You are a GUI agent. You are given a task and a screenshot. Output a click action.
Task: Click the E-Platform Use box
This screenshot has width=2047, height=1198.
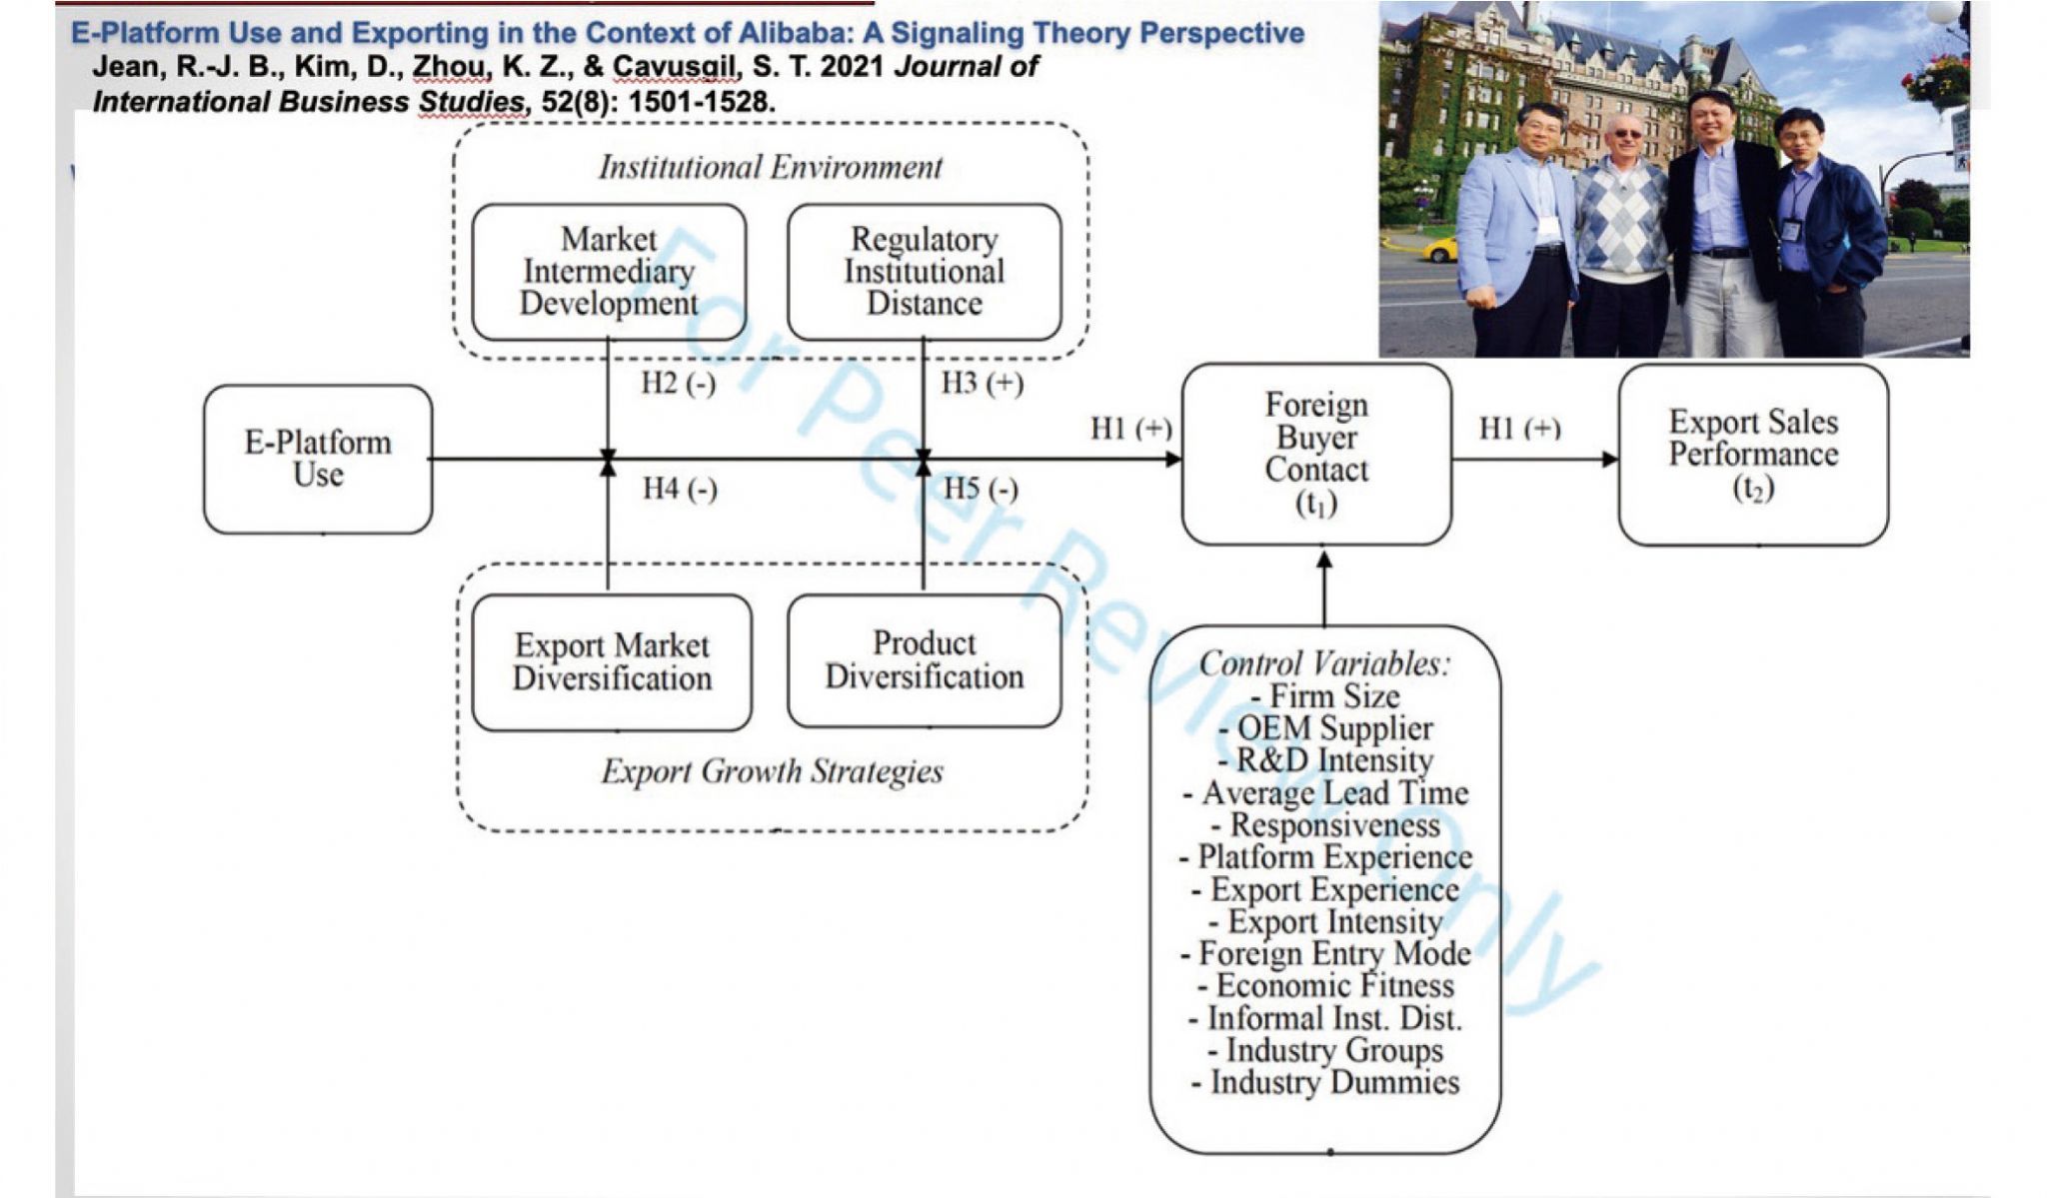[x=318, y=459]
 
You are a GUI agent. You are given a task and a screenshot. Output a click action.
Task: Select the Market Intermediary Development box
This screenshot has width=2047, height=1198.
[x=609, y=272]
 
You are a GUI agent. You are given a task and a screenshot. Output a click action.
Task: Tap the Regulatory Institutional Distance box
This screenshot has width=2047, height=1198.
[x=924, y=272]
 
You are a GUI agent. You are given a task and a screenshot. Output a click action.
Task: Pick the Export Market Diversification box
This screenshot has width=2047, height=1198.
[x=612, y=662]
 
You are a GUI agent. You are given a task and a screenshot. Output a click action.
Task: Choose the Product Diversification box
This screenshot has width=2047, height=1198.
[x=924, y=660]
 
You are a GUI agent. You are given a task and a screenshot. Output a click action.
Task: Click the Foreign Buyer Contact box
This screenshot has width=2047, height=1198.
[x=1315, y=454]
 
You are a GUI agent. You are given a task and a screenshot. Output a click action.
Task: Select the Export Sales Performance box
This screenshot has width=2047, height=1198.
[x=1753, y=455]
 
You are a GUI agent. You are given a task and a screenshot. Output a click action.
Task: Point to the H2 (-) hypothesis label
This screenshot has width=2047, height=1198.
[x=678, y=384]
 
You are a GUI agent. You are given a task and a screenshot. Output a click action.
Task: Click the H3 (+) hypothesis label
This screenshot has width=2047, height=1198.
[x=982, y=383]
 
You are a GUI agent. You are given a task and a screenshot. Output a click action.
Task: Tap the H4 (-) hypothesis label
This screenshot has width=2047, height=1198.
[x=680, y=489]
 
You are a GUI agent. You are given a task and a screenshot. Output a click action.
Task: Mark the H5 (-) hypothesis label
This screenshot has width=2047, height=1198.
[x=981, y=489]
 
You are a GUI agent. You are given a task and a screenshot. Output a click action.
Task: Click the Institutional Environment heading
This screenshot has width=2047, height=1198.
[x=770, y=167]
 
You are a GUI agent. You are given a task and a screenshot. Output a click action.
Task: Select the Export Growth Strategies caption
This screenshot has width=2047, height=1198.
[x=772, y=771]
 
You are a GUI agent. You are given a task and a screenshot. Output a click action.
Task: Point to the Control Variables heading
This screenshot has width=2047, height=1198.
[x=1324, y=663]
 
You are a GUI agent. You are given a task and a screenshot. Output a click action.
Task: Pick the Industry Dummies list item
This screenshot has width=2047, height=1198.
[x=1326, y=1082]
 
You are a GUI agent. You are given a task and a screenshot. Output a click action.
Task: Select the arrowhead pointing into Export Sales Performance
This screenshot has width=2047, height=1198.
[x=1609, y=460]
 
